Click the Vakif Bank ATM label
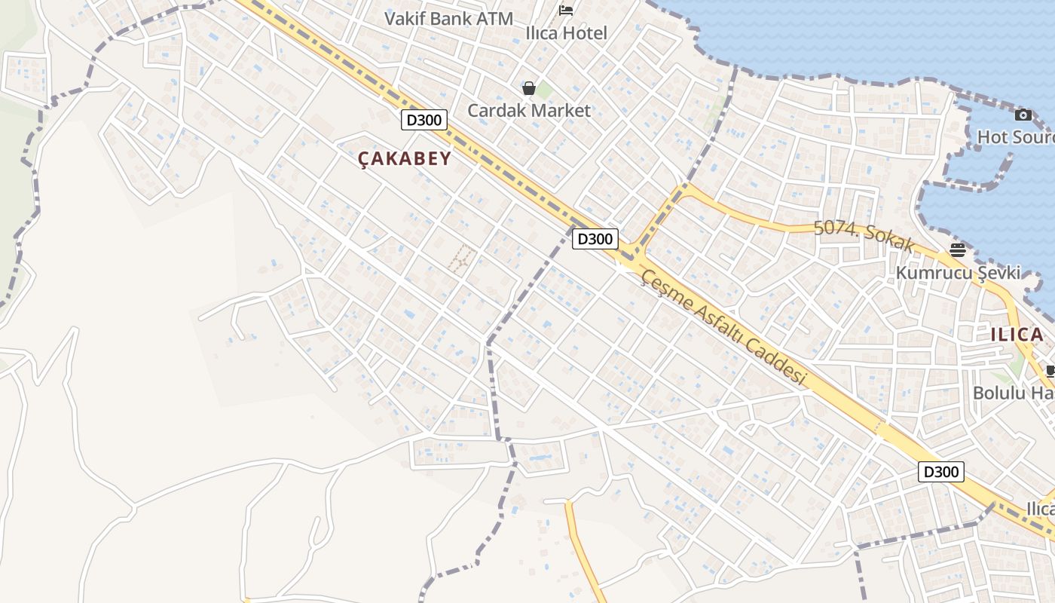click(448, 19)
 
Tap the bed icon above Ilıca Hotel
click(566, 10)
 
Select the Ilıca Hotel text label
click(566, 33)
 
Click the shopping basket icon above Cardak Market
click(529, 88)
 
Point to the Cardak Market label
click(529, 110)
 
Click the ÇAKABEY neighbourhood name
click(405, 158)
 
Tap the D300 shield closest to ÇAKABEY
click(424, 120)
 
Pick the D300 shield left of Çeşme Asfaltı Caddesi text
click(595, 239)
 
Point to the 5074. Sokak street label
click(864, 237)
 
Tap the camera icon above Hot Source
click(1023, 115)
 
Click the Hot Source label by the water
click(1015, 137)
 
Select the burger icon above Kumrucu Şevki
click(958, 250)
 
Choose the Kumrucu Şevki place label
click(958, 272)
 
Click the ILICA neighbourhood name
click(1017, 335)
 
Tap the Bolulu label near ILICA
click(1013, 393)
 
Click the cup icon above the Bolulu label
click(1050, 371)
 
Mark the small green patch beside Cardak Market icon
click(544, 91)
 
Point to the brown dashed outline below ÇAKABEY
click(462, 258)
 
